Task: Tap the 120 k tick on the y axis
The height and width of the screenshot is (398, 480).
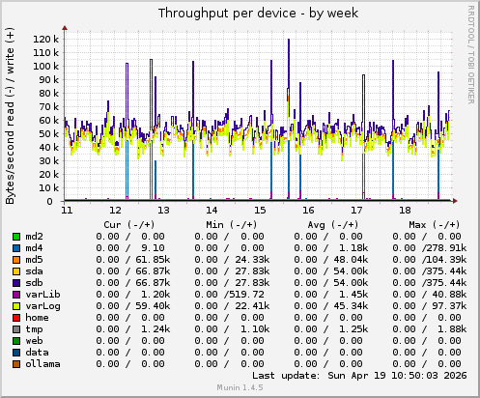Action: (44, 39)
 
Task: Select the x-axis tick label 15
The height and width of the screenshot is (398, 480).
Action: (260, 210)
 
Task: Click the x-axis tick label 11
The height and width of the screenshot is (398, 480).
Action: (67, 210)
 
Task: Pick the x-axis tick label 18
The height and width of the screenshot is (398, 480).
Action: (405, 210)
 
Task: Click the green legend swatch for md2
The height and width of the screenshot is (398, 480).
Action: (15, 237)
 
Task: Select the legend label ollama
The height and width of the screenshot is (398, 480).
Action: (43, 363)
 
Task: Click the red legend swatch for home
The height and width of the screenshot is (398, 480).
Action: (15, 317)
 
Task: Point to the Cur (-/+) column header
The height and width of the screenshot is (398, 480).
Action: (127, 224)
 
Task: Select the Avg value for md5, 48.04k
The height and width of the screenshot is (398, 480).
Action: (347, 259)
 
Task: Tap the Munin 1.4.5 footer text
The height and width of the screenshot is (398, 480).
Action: (240, 389)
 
